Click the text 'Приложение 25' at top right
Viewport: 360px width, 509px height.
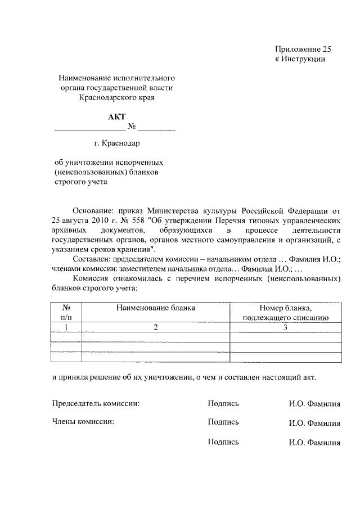pyautogui.click(x=300, y=49)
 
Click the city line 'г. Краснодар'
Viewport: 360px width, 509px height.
pyautogui.click(x=117, y=144)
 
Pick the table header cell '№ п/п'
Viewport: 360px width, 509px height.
pyautogui.click(x=66, y=313)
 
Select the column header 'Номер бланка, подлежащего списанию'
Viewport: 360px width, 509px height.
pyautogui.click(x=285, y=313)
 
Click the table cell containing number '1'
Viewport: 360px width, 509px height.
pyautogui.click(x=66, y=327)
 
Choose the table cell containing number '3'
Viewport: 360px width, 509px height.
pyautogui.click(x=285, y=327)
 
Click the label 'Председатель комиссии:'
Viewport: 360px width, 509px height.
pyautogui.click(x=96, y=403)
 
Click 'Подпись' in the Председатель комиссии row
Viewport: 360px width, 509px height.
pyautogui.click(x=223, y=403)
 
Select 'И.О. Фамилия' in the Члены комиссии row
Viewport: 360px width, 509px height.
pyautogui.click(x=314, y=423)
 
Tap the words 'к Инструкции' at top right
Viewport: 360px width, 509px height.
pyautogui.click(x=300, y=58)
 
